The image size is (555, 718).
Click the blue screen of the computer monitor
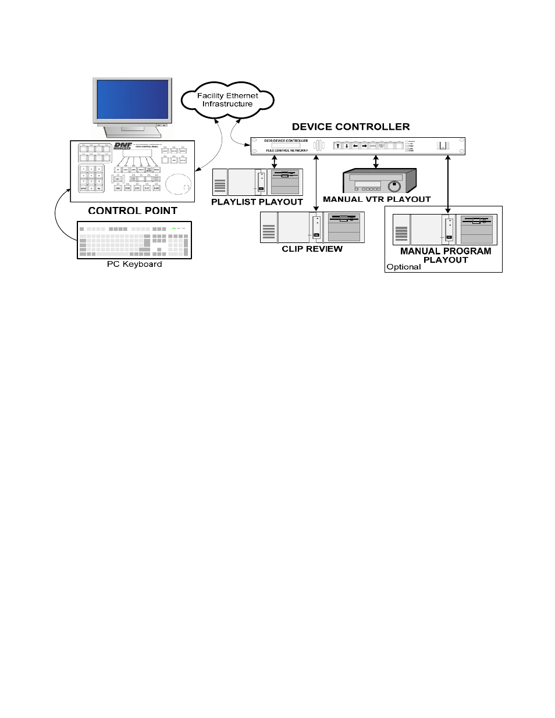[x=133, y=99]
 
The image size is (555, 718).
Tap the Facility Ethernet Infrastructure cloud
[x=227, y=100]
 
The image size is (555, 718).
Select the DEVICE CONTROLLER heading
[x=351, y=127]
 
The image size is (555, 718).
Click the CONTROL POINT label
[x=133, y=210]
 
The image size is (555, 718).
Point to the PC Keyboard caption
[x=134, y=264]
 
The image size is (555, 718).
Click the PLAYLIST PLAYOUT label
[x=257, y=202]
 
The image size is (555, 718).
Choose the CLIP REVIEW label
[x=312, y=249]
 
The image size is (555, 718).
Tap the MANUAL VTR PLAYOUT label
[x=377, y=199]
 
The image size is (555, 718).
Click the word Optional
[x=403, y=267]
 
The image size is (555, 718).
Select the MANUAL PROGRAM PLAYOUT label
[x=446, y=255]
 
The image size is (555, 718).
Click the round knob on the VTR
[x=395, y=186]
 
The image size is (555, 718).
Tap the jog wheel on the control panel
[x=177, y=184]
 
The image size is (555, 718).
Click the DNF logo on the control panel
[x=123, y=146]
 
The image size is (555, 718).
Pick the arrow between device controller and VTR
[x=376, y=162]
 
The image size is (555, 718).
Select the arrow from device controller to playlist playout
[x=275, y=162]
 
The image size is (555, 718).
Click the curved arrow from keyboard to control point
[x=58, y=218]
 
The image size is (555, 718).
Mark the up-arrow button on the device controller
[x=337, y=145]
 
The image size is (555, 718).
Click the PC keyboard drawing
[x=134, y=240]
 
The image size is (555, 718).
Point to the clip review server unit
[x=312, y=227]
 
